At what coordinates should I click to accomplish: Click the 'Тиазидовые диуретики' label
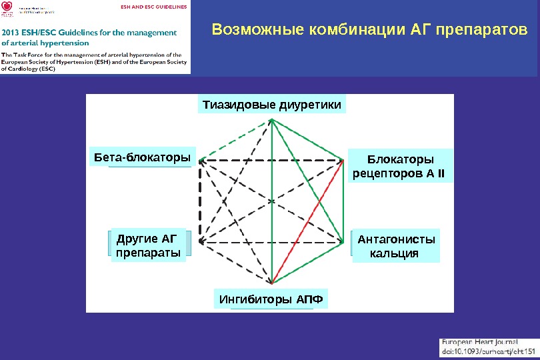272,105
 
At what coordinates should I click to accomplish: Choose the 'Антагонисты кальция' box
396,246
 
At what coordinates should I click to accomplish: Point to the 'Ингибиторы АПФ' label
271,300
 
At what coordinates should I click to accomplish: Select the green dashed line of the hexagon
235,139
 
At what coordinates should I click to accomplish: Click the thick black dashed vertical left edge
199,200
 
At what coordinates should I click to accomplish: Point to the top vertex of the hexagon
272,119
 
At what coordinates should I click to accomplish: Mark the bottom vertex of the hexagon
272,283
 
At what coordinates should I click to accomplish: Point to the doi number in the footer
489,351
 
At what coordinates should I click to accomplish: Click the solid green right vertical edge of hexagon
344,200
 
